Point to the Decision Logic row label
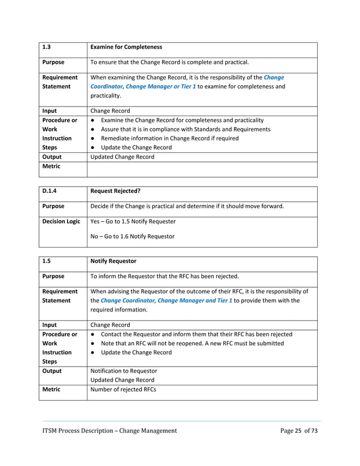[x=62, y=221]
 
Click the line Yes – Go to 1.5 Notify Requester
[x=133, y=221]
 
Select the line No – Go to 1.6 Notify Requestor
[x=133, y=236]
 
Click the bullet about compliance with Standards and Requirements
[x=185, y=129]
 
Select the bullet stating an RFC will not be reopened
[x=192, y=344]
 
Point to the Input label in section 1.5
[x=51, y=325]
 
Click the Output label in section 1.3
[x=52, y=157]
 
